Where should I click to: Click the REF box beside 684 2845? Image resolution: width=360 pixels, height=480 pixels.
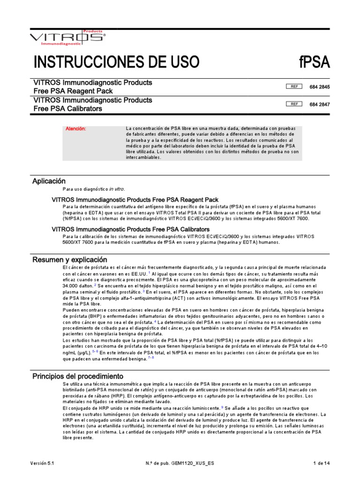[x=294, y=87]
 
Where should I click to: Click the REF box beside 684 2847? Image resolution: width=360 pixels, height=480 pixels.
[x=294, y=104]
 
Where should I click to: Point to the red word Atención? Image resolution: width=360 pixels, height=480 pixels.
[x=76, y=129]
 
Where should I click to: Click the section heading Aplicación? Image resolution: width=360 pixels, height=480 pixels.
[x=49, y=181]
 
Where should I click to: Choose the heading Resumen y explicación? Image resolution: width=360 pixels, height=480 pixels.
[x=69, y=260]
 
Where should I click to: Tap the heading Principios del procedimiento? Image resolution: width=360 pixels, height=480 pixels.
[x=77, y=376]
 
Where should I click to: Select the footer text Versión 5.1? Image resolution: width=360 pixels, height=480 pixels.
[x=43, y=463]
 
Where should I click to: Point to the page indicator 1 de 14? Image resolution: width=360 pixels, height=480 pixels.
[x=322, y=463]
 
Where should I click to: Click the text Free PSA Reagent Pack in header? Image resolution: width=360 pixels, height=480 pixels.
[x=73, y=91]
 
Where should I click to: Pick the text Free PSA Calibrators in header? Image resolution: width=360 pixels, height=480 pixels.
[x=68, y=108]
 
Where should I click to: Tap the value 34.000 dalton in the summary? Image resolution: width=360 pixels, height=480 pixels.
[x=77, y=285]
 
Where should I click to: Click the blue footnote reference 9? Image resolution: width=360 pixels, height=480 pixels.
[x=222, y=408]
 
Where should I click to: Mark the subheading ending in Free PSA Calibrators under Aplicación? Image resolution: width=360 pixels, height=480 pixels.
[x=130, y=229]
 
